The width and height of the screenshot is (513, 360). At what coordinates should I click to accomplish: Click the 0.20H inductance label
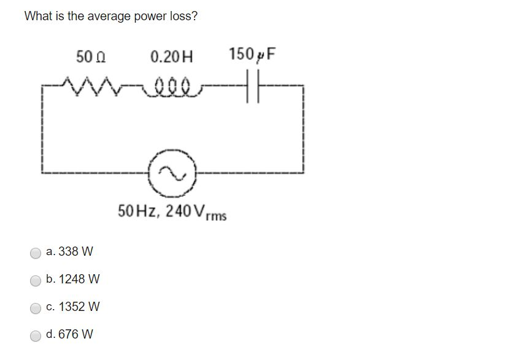(x=171, y=57)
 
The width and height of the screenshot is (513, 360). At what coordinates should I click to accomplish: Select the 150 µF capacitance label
(x=252, y=55)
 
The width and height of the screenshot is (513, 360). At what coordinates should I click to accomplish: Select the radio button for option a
(x=36, y=253)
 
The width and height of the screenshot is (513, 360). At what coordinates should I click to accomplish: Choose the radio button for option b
(x=36, y=280)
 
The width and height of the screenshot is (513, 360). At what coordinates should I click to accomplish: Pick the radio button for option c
(x=36, y=307)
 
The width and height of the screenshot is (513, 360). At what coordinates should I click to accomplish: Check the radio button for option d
(x=36, y=335)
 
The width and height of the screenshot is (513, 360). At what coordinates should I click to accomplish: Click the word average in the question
(x=108, y=17)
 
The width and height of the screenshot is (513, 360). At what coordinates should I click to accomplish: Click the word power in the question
(x=153, y=17)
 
